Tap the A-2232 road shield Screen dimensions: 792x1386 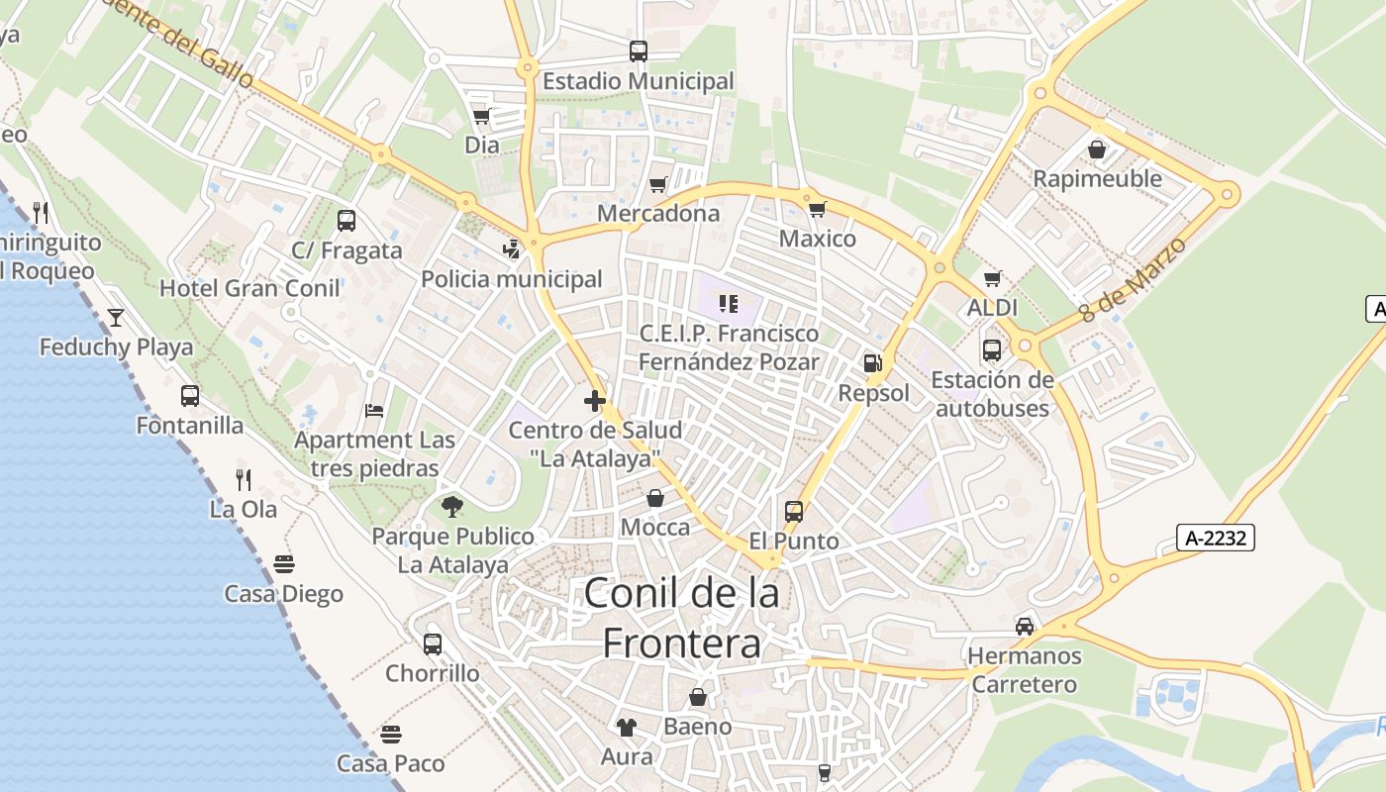1216,538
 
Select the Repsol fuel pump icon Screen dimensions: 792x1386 872,363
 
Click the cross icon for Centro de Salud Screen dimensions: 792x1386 595,401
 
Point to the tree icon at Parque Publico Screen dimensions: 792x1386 452,507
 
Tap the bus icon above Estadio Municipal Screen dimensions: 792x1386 639,50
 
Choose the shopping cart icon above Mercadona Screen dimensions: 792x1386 658,184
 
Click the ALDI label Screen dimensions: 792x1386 992,308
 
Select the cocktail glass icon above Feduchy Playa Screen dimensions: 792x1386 116,317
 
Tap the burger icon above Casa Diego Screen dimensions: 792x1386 284,564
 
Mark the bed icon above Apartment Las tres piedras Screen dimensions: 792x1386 374,410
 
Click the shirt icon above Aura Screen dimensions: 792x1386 626,728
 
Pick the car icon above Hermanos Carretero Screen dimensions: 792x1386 1025,626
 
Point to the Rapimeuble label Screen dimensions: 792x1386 1097,178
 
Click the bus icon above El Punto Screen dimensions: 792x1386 794,512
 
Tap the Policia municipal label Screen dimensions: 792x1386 511,279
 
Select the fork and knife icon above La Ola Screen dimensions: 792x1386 244,480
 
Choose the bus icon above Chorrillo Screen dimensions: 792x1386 433,644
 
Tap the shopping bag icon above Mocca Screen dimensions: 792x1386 655,497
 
